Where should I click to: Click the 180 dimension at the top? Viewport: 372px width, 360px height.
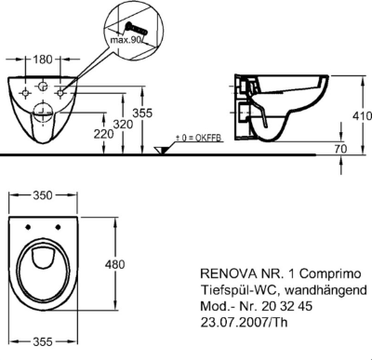[43, 59]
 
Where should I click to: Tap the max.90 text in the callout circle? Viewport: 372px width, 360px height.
[126, 40]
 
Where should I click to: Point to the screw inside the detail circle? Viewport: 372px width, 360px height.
[135, 29]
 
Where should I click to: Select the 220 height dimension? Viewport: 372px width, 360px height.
[103, 134]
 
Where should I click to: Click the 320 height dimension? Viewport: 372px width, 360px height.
[123, 125]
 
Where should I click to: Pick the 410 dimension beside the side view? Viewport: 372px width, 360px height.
[362, 115]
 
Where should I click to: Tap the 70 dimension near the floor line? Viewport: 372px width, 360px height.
[341, 149]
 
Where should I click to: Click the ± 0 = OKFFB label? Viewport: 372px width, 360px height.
[199, 138]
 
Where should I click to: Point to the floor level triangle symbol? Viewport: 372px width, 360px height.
[162, 151]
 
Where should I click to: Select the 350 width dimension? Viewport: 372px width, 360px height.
[43, 195]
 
